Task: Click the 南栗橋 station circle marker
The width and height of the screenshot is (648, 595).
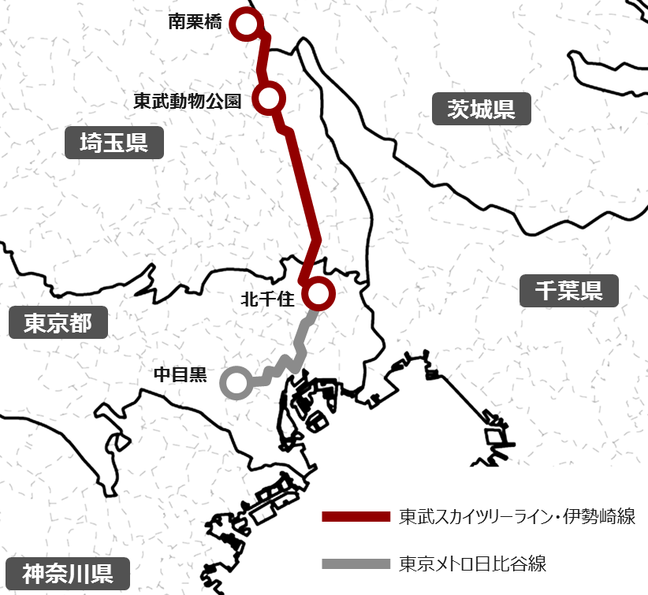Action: (x=245, y=25)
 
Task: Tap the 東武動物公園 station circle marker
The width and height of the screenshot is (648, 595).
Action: (x=269, y=98)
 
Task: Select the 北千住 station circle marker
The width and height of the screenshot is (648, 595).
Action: (x=318, y=293)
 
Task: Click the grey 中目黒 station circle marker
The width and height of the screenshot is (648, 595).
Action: (x=236, y=383)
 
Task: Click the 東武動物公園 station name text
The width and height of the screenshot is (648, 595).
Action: (x=186, y=101)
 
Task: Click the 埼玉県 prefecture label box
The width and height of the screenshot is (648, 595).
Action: (x=114, y=143)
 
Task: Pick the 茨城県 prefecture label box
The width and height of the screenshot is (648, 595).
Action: (x=481, y=109)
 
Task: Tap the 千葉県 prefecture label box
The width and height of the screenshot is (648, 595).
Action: (x=569, y=292)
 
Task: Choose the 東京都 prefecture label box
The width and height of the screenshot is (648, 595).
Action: (x=58, y=323)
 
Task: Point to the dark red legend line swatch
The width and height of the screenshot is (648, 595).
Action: (x=356, y=517)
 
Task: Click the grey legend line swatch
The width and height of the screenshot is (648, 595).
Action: (x=356, y=564)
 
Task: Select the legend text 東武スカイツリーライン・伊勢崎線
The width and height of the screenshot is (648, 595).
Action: (x=517, y=517)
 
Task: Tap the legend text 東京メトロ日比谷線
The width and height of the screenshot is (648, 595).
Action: (x=473, y=564)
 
